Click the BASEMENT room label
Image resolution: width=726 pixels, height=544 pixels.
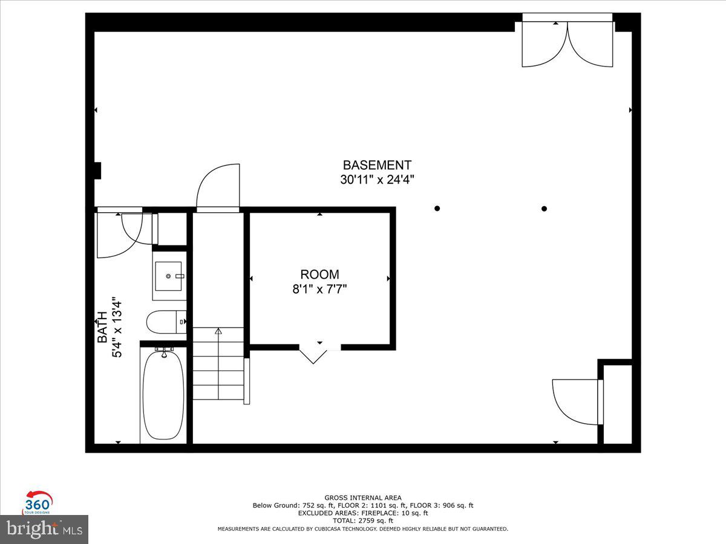click(x=377, y=165)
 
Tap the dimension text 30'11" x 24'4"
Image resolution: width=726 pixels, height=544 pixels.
click(x=377, y=180)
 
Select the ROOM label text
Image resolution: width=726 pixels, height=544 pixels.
click(x=319, y=274)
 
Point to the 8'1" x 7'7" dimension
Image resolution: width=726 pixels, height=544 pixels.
click(x=319, y=290)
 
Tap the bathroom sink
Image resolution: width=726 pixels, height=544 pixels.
click(x=169, y=277)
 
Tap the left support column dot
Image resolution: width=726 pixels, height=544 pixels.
click(x=437, y=209)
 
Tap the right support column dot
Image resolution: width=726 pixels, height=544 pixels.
click(x=544, y=209)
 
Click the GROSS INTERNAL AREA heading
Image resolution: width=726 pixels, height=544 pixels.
click(x=363, y=497)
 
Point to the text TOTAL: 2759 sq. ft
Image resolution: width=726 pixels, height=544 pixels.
click(x=363, y=520)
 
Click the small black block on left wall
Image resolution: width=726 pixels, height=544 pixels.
click(x=97, y=171)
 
